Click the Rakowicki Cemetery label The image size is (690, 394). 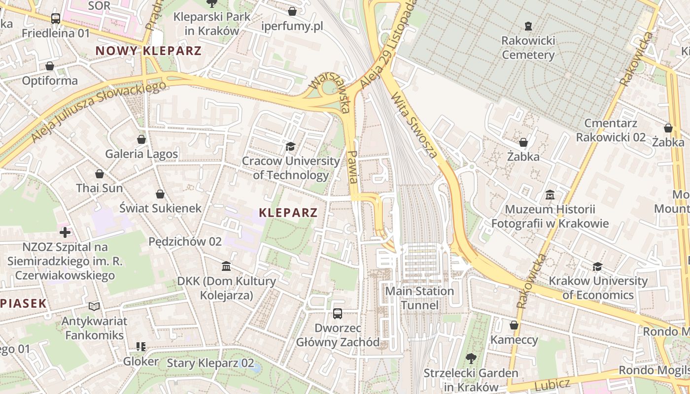pos(528,47)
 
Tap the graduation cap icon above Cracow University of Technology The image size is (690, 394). pos(290,146)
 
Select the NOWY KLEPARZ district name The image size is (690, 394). pos(148,51)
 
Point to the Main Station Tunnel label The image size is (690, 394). pos(419,298)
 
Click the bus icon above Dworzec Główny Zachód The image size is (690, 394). pos(338,313)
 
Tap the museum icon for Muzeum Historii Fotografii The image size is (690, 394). pos(550,195)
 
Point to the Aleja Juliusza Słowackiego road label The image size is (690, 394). pos(99,111)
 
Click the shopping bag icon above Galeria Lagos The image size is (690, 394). pos(141,139)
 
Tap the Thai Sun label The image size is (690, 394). pos(100,188)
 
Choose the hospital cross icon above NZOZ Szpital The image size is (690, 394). pos(65,232)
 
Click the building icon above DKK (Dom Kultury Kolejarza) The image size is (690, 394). pos(226,266)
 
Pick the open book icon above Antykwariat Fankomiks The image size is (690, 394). pos(94,306)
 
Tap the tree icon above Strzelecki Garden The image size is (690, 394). pos(471,359)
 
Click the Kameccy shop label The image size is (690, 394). pos(514,340)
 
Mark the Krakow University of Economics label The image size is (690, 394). pos(598,288)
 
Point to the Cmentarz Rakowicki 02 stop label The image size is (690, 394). pos(611,130)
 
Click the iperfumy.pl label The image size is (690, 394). pos(292,26)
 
